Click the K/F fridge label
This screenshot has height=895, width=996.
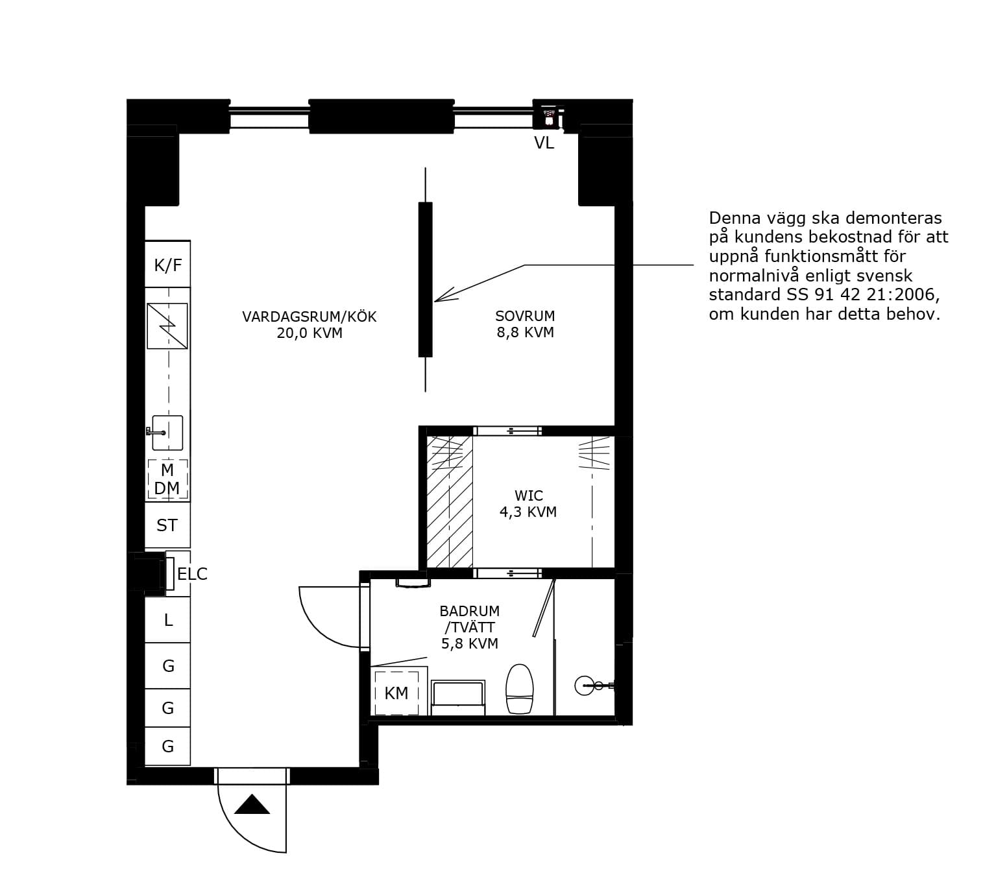tap(168, 265)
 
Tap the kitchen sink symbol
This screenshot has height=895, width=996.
tap(166, 433)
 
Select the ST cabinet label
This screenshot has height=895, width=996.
tap(167, 525)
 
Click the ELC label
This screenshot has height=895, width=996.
tap(192, 574)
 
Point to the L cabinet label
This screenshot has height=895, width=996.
tap(168, 620)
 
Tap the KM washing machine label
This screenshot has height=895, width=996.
tap(396, 693)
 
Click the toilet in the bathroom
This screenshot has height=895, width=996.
tap(520, 689)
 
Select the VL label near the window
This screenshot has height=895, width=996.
tap(544, 143)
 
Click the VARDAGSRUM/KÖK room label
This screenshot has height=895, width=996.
tap(310, 316)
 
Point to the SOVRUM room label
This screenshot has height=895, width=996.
tap(525, 316)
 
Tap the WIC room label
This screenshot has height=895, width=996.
tap(529, 495)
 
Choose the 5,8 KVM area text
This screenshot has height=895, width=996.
tap(470, 643)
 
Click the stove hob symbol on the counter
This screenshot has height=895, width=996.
tap(167, 326)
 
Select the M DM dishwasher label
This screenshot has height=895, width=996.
tap(167, 479)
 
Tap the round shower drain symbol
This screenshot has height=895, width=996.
tap(584, 685)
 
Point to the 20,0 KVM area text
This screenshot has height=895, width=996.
tap(310, 333)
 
